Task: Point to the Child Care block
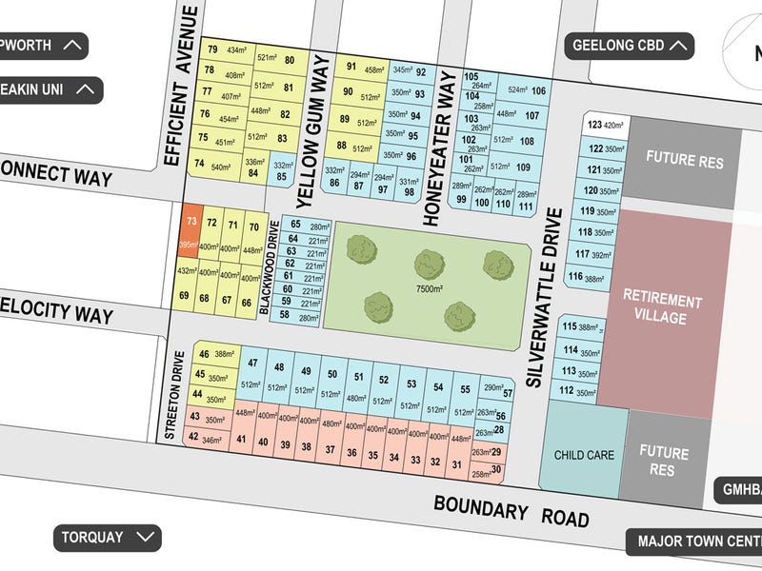(x=584, y=455)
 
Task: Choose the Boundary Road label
(x=511, y=510)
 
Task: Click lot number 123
(x=596, y=125)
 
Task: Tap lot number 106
(x=539, y=91)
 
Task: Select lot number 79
(x=211, y=49)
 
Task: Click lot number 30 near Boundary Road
(x=495, y=469)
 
